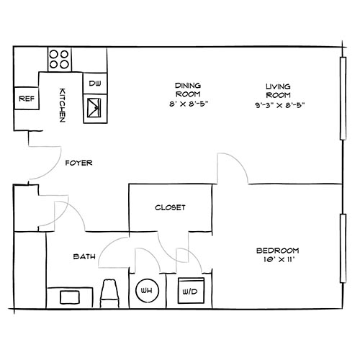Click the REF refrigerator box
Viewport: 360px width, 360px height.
(27, 98)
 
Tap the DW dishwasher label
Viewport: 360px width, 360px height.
(94, 84)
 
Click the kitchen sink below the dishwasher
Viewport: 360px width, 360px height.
(95, 109)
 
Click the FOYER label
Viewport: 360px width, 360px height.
(78, 163)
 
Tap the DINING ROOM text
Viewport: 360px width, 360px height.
(186, 90)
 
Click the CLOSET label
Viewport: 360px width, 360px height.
(170, 207)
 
